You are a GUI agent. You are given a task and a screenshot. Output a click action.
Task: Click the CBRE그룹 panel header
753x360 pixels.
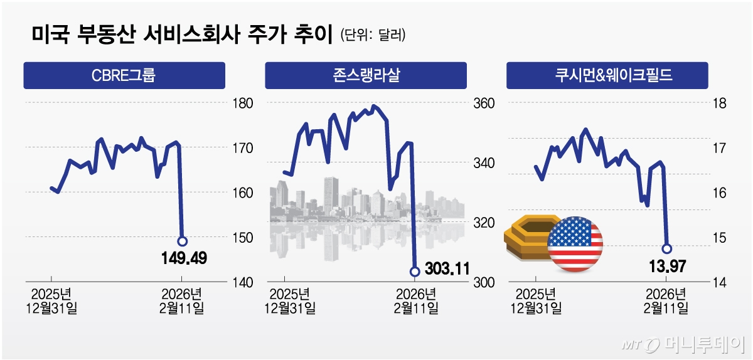point(124,76)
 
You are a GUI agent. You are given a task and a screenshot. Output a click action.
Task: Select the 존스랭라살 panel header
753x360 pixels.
point(366,76)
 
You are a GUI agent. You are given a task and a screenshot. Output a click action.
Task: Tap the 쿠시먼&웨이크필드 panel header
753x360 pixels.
point(607,76)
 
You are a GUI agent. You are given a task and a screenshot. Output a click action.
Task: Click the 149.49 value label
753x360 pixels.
point(183,257)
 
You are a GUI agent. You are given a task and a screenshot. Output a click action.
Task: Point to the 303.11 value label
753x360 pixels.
point(446,270)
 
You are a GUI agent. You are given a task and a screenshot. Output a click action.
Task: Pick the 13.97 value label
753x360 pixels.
point(666,267)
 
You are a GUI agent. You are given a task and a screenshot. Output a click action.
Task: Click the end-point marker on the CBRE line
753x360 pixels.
point(182,241)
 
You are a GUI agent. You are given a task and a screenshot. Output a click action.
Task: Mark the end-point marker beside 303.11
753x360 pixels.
point(414,272)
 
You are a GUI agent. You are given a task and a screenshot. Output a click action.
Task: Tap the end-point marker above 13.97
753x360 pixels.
point(666,248)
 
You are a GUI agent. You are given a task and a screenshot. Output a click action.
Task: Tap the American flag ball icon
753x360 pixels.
point(575,245)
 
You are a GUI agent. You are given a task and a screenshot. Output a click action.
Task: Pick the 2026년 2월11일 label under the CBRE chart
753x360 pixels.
point(183,301)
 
